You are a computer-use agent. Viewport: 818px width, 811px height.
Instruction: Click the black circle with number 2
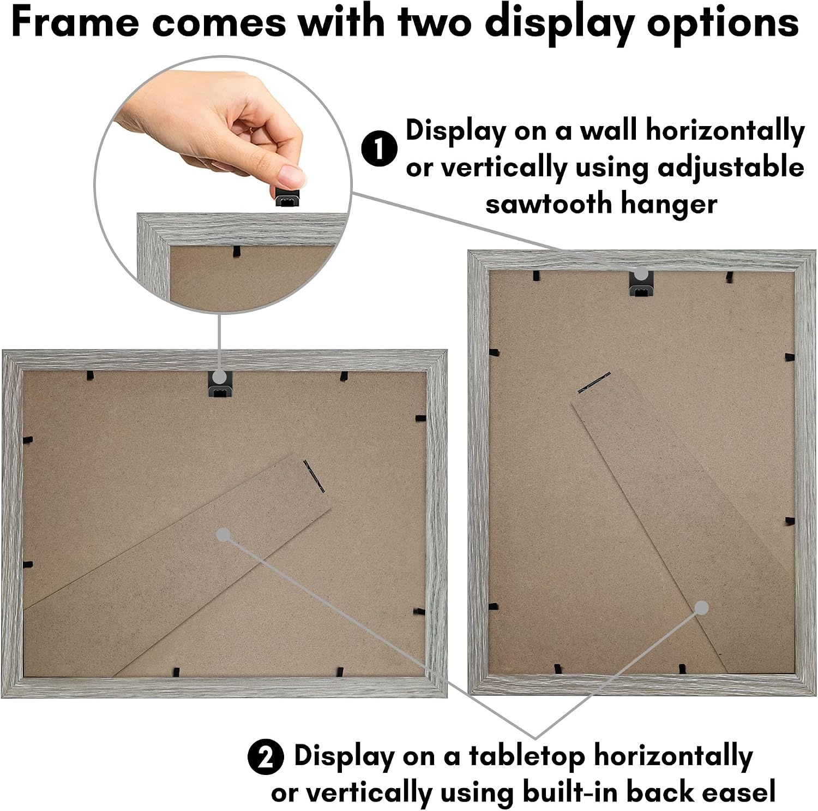(266, 757)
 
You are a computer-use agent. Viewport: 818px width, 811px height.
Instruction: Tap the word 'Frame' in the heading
(75, 22)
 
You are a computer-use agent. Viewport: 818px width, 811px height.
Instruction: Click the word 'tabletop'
(527, 756)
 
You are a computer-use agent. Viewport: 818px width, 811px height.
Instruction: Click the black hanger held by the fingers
(287, 197)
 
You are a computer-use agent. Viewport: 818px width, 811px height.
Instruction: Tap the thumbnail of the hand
(291, 176)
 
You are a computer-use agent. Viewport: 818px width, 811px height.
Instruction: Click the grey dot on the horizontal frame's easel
(223, 535)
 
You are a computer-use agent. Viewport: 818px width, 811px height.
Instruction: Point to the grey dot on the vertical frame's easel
(702, 608)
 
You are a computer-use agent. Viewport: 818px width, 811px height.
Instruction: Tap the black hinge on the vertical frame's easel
(594, 383)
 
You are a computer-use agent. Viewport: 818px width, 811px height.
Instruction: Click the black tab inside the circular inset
(236, 251)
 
